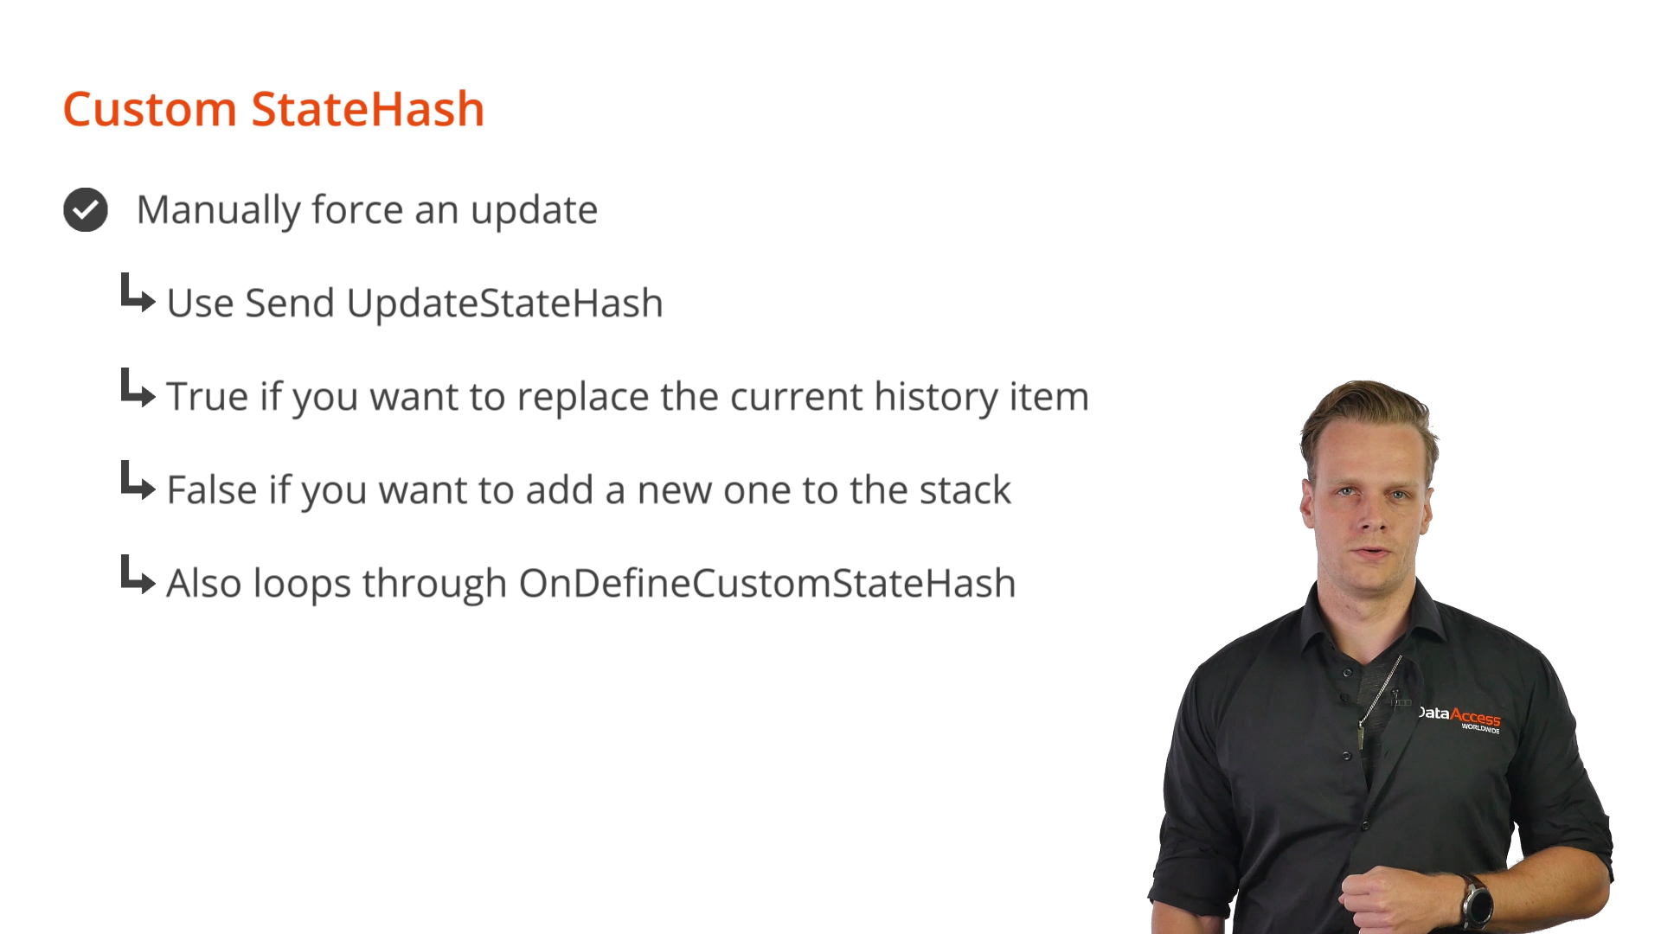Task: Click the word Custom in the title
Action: tap(150, 110)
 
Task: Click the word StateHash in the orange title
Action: tap(368, 110)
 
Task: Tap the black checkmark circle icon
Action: tap(86, 209)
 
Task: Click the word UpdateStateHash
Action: tap(504, 304)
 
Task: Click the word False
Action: tap(212, 490)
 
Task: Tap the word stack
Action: tap(965, 490)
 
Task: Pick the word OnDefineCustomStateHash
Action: tap(767, 584)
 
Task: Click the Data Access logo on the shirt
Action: tap(1459, 718)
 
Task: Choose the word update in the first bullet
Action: tap(534, 211)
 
